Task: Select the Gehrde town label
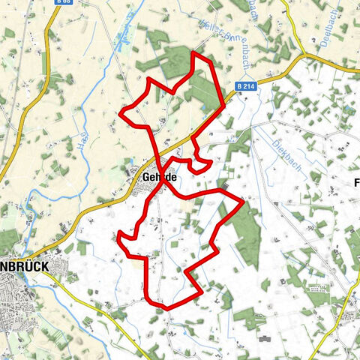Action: click(x=158, y=176)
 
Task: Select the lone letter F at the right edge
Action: click(x=356, y=182)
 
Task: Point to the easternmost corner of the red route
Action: click(x=241, y=201)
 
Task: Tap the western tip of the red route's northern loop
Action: click(x=122, y=114)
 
